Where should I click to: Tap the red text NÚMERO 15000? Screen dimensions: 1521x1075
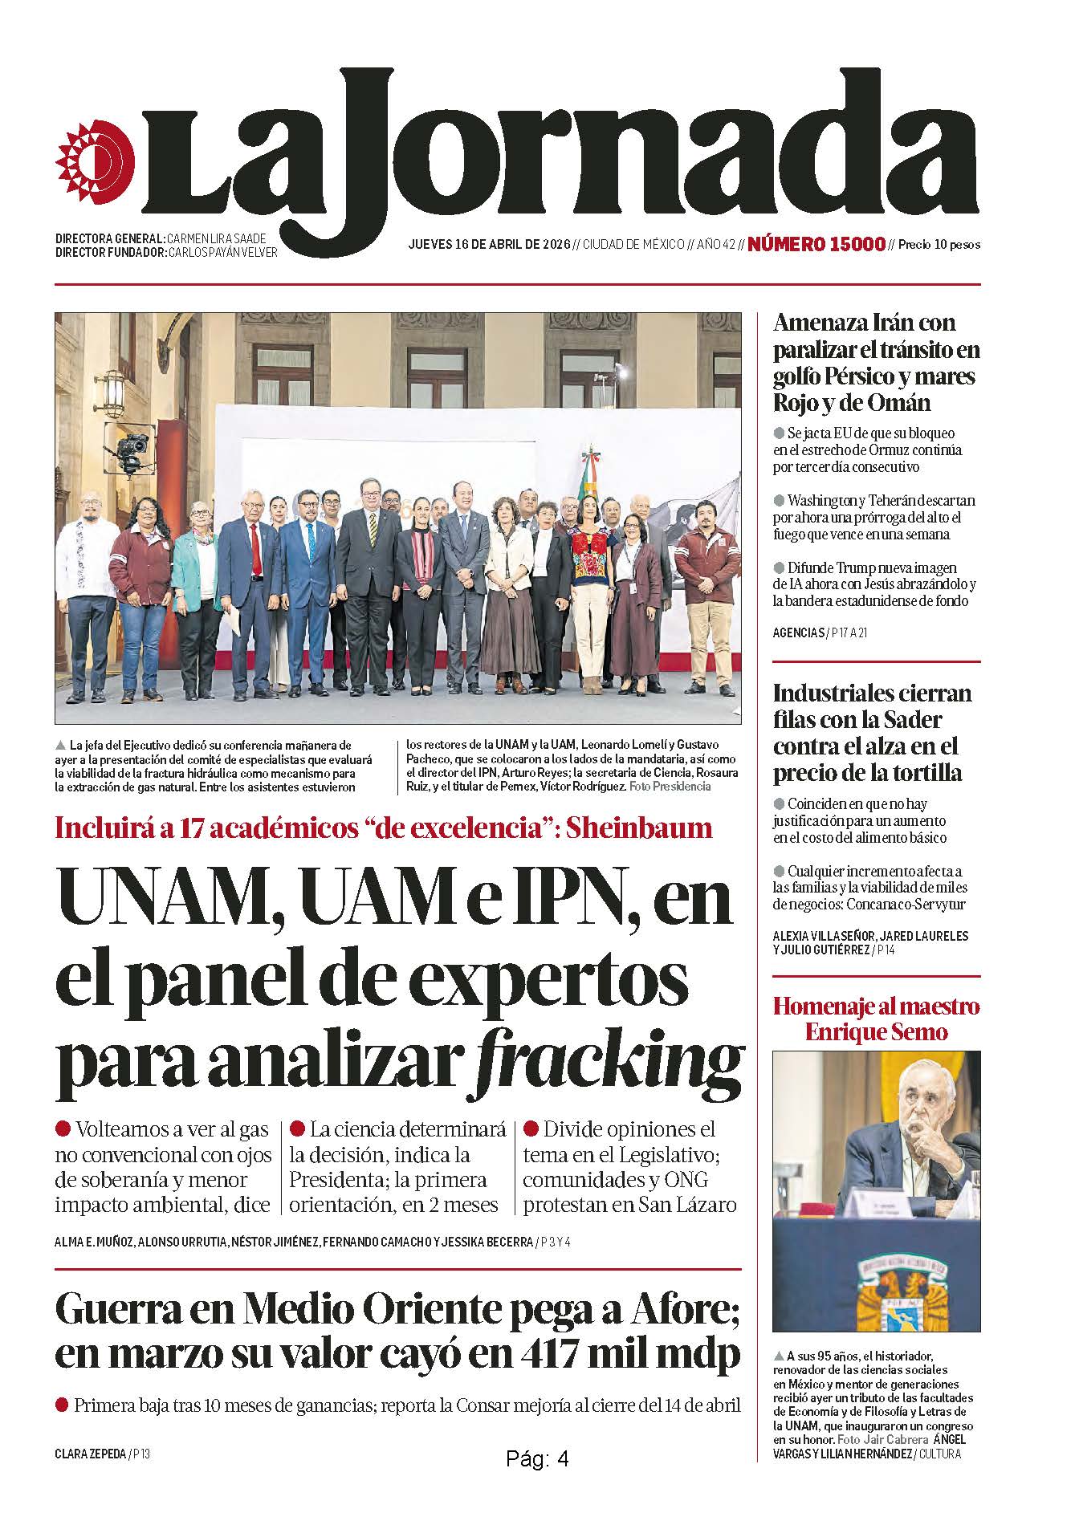(x=816, y=244)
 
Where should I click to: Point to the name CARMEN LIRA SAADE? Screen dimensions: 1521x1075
(x=216, y=238)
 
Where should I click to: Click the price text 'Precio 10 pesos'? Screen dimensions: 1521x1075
(x=939, y=245)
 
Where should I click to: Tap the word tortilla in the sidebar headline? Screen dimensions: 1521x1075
(x=920, y=773)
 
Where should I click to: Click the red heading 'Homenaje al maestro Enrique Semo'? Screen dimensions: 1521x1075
(x=876, y=1019)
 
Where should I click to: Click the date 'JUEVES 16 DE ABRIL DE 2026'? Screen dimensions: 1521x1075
(x=489, y=244)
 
